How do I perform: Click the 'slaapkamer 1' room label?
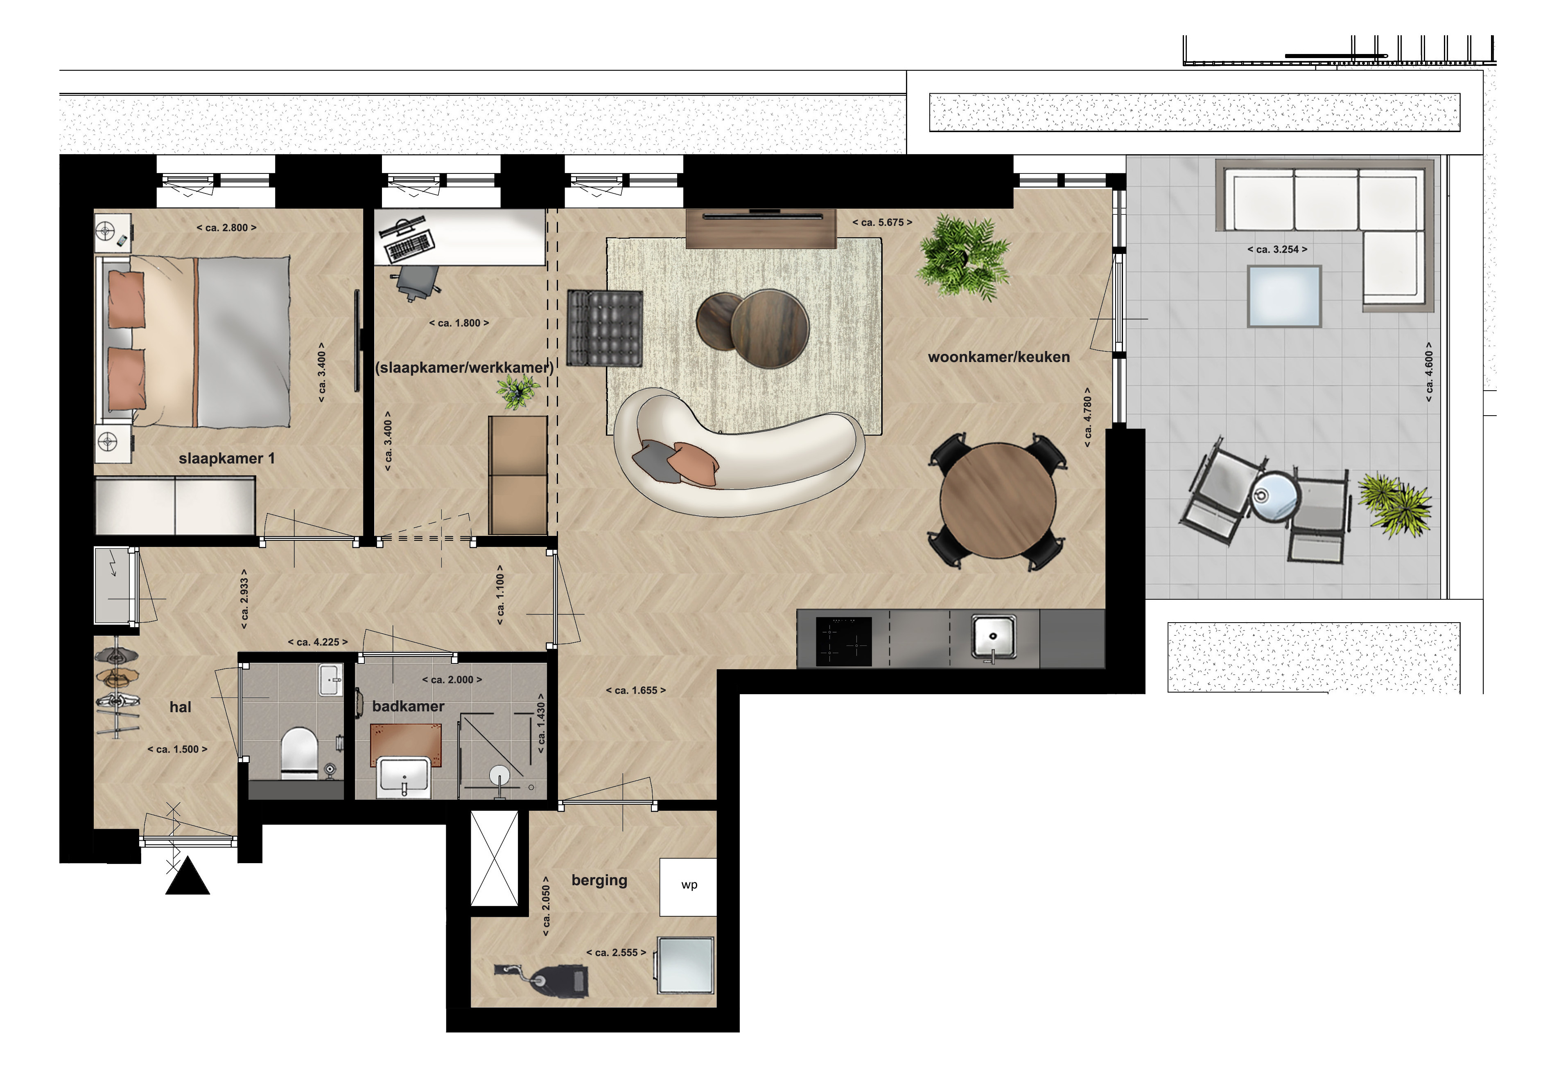coord(227,459)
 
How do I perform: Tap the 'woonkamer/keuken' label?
coord(999,357)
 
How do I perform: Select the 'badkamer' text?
coord(408,706)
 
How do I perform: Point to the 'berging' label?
coord(599,881)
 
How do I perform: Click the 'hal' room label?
coord(180,707)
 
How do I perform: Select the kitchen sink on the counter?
coord(994,637)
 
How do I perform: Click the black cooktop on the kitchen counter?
coord(844,641)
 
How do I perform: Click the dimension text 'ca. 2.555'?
coord(616,953)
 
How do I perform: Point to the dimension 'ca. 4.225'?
coord(318,642)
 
